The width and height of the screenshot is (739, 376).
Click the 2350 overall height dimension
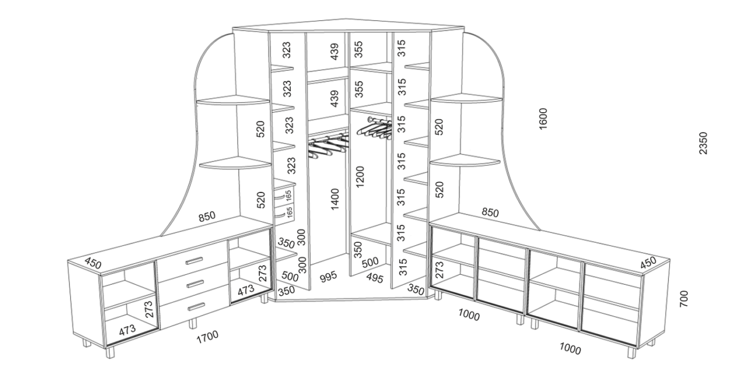703,143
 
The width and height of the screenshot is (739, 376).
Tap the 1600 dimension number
543,119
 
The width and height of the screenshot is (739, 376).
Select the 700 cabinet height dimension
684,299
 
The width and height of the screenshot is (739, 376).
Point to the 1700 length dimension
208,337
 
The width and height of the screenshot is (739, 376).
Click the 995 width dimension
329,277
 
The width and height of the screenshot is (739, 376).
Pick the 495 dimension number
375,278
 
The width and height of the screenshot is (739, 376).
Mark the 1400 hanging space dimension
334,199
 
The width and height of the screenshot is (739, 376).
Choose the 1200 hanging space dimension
360,177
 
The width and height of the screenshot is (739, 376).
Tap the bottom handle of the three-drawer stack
196,307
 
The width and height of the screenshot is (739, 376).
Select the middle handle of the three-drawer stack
195,284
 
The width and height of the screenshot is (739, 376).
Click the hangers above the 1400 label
329,145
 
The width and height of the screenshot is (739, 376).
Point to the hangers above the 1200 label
375,128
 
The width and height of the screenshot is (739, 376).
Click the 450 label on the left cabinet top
93,263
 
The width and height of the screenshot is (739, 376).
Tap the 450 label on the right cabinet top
648,263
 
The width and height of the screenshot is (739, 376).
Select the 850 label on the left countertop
207,216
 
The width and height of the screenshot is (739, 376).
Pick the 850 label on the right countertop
490,212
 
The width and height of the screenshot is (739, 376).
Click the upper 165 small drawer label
289,195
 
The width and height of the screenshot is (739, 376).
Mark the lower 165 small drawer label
290,213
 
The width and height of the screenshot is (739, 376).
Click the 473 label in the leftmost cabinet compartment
127,330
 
